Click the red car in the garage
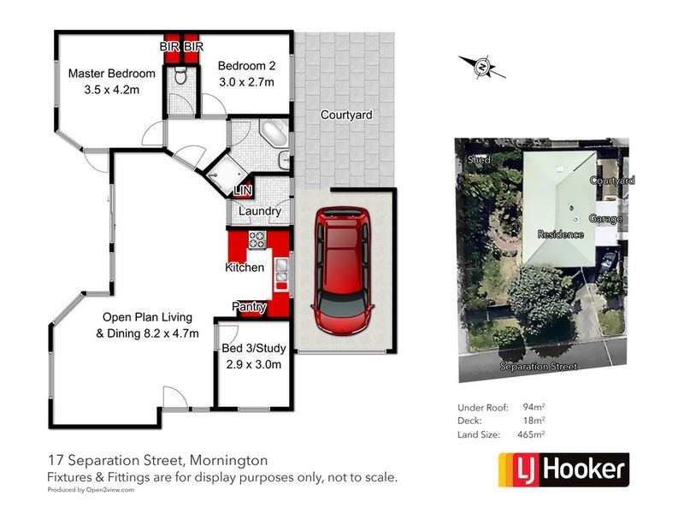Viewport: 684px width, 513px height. click(343, 274)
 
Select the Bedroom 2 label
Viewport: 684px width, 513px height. click(245, 66)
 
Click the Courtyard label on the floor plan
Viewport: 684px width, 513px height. click(345, 115)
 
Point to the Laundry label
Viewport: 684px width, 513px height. click(261, 210)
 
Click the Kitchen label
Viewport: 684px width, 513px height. click(244, 268)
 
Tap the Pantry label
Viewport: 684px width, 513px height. click(250, 307)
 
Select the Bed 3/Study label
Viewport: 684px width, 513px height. click(254, 348)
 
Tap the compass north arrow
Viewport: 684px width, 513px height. click(482, 65)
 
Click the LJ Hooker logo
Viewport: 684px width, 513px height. click(563, 469)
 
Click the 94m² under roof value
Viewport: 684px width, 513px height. click(534, 407)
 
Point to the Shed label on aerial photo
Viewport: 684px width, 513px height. click(478, 160)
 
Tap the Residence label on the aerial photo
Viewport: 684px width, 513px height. click(560, 234)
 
